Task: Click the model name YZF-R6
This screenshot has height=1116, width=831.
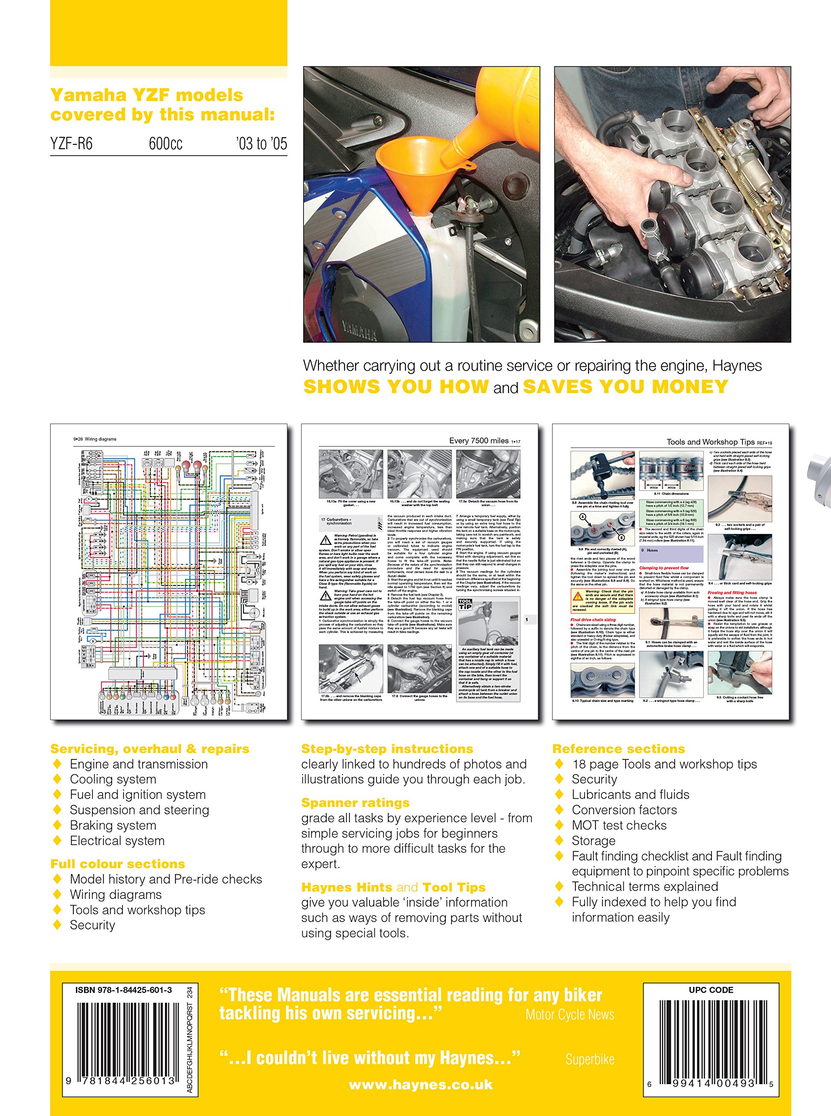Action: tap(72, 144)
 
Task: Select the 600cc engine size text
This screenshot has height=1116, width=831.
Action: tap(165, 144)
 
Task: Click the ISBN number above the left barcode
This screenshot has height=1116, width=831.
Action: tap(123, 990)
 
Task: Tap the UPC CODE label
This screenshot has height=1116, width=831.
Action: tap(710, 990)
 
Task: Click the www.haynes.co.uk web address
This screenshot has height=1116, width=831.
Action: tap(421, 1085)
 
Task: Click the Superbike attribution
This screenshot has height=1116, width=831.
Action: tap(589, 1059)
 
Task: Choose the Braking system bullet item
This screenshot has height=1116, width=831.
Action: tap(113, 825)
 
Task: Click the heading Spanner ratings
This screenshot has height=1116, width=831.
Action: tap(355, 803)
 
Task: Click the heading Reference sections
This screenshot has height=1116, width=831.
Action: tap(618, 749)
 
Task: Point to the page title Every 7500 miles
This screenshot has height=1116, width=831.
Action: tap(479, 441)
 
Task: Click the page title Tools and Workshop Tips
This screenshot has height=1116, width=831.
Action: tap(710, 442)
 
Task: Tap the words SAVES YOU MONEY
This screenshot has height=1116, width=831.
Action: tap(625, 387)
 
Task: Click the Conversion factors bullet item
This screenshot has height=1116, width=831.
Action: tap(624, 810)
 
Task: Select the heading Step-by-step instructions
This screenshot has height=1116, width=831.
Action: tap(387, 749)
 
